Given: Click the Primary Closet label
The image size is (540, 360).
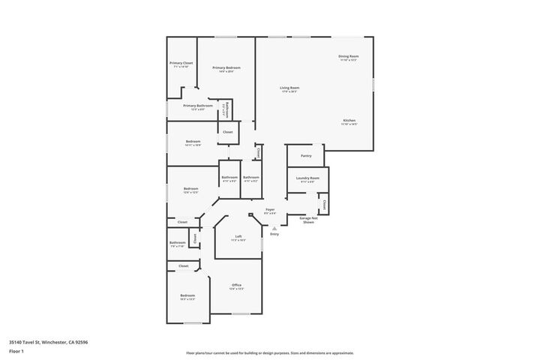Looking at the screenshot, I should tap(181, 63).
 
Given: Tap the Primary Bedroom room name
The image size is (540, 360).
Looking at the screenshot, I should tap(226, 68).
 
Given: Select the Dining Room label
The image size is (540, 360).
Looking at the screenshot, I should tap(349, 56).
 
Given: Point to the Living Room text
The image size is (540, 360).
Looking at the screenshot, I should tap(289, 88).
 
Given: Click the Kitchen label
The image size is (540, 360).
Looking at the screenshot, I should tap(349, 121).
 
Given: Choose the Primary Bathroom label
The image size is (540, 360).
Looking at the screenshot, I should tap(197, 106).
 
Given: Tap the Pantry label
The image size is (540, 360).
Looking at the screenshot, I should tap(306, 156).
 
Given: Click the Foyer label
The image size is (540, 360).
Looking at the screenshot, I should tap(270, 210).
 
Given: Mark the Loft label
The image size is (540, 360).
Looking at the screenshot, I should tap(238, 236).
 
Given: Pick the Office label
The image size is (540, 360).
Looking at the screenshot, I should tap(236, 285).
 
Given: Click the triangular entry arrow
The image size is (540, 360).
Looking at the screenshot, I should tap(274, 228).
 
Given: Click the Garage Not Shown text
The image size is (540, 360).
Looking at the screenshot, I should tap(308, 220).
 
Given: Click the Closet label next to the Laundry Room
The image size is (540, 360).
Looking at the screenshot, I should tap(323, 203).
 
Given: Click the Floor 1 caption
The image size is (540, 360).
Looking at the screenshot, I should tap(16, 350).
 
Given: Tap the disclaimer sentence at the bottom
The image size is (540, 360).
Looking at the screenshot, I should tap(270, 352).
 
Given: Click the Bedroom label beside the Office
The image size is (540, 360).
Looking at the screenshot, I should tap(187, 296).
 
